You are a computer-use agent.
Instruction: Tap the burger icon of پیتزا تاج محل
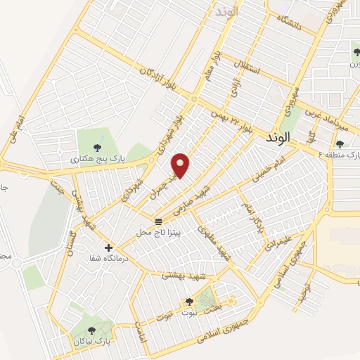pos(157,221)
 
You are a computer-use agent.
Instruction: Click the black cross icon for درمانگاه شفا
pos(108,247)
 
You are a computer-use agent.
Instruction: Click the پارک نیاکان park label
pos(90,342)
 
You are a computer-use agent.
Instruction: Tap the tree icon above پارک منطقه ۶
pos(340,144)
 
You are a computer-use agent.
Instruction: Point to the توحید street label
pos(304,285)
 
